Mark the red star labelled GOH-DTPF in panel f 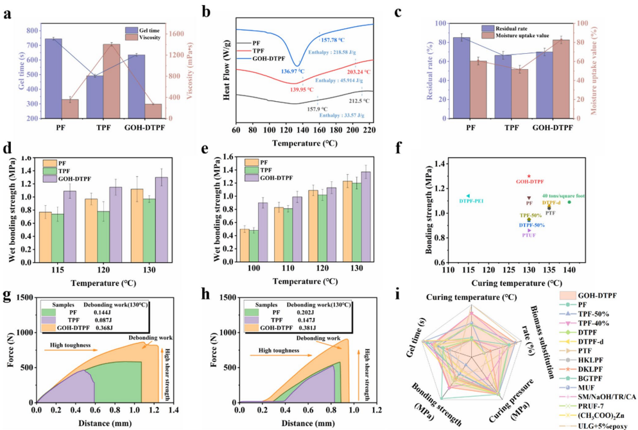[529, 176]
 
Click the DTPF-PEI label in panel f [472, 201]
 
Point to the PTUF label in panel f [529, 236]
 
